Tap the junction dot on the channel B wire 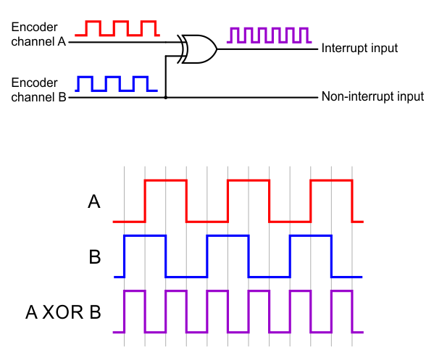(166, 97)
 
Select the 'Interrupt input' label (360, 49)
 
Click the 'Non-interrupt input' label (372, 97)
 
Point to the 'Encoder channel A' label (38, 34)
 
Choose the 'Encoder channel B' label (38, 89)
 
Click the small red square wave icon (120, 28)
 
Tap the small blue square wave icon (116, 83)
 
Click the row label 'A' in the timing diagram (93, 202)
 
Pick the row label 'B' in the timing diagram (93, 257)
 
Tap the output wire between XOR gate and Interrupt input (268, 50)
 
